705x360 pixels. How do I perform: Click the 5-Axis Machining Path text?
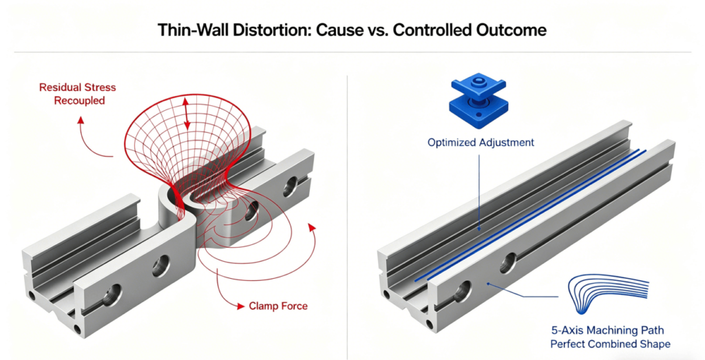(x=609, y=330)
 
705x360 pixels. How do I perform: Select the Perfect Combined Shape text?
(x=609, y=343)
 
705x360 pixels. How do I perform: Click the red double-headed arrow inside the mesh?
(x=187, y=113)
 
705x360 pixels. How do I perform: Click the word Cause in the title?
(x=333, y=30)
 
